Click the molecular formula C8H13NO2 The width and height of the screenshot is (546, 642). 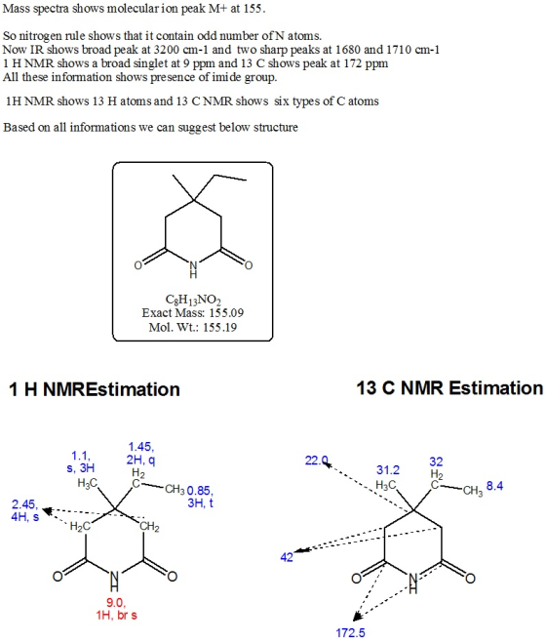tap(193, 301)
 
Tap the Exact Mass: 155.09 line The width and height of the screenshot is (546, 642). tap(193, 313)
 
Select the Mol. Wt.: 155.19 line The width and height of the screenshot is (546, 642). tap(193, 328)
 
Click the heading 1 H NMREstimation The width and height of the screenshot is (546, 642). tap(95, 389)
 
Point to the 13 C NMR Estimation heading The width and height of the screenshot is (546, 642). tap(449, 388)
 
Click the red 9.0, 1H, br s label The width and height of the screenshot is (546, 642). tap(116, 609)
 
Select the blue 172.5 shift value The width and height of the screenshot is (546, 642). tap(350, 633)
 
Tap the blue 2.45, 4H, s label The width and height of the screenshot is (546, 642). tap(25, 510)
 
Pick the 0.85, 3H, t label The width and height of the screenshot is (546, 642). tap(200, 497)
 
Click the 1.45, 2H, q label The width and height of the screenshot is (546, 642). tap(140, 454)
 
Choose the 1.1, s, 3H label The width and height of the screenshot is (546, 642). tap(81, 461)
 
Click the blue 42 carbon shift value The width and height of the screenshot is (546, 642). tap(287, 557)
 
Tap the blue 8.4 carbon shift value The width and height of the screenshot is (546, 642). tap(495, 486)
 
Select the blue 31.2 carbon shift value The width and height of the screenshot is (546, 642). tap(388, 470)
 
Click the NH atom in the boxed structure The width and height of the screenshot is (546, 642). tap(193, 270)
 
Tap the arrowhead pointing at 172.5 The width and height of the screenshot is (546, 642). tap(357, 616)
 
